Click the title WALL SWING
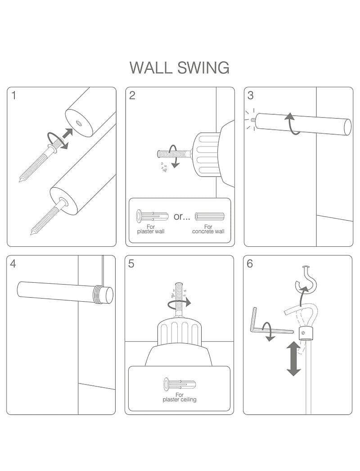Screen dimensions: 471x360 [180, 68]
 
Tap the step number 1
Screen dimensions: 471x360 [14, 95]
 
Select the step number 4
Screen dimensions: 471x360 [13, 264]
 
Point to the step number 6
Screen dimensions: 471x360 [250, 264]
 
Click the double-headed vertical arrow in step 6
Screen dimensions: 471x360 [293, 358]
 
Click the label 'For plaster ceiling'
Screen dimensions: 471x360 [180, 397]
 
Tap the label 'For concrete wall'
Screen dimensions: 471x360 [208, 229]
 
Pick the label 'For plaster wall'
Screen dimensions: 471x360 [151, 229]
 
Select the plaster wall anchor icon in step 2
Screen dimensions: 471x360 [151, 216]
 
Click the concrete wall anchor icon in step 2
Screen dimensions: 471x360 [209, 216]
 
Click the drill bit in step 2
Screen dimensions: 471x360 [173, 153]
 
